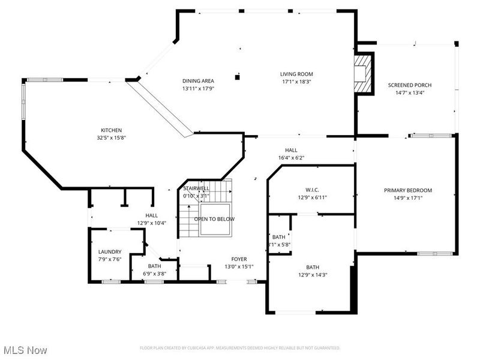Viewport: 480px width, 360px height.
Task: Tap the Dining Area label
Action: [x=198, y=80]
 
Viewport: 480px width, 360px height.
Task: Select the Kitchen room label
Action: [x=111, y=130]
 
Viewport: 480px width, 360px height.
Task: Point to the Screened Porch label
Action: [x=410, y=85]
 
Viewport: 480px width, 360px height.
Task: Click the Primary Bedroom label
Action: [x=408, y=190]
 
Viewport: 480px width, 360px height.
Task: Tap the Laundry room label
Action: [x=110, y=252]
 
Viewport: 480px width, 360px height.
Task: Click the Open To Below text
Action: [x=214, y=219]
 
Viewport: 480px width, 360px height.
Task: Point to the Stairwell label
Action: [x=196, y=188]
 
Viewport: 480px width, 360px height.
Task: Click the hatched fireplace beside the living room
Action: [x=362, y=73]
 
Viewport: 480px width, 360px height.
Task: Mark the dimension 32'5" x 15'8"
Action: [x=111, y=137]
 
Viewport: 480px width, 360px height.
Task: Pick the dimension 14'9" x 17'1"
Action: [x=408, y=197]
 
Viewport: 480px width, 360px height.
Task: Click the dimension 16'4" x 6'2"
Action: [x=291, y=158]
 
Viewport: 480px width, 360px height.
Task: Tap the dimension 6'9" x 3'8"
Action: [x=155, y=274]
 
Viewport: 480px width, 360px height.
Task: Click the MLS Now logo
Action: [x=25, y=349]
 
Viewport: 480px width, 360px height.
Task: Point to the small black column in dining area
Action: [x=238, y=77]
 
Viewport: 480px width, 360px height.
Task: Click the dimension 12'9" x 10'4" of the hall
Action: [x=151, y=223]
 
